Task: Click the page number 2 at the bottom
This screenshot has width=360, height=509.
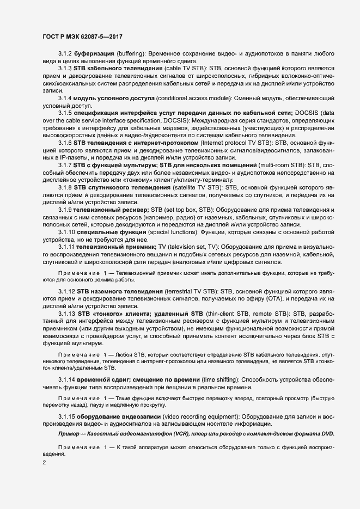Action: tap(44, 463)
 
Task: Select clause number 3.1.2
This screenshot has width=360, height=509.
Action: tap(66, 53)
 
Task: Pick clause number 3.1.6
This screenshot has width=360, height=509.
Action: tap(66, 142)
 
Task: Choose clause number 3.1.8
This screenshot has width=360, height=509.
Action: tap(66, 187)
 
